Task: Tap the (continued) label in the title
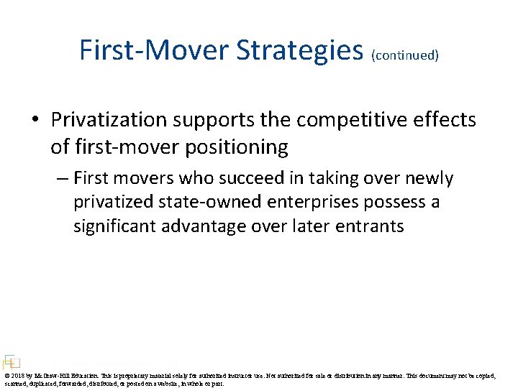405,55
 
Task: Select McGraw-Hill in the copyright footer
50,375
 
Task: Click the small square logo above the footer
10,361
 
